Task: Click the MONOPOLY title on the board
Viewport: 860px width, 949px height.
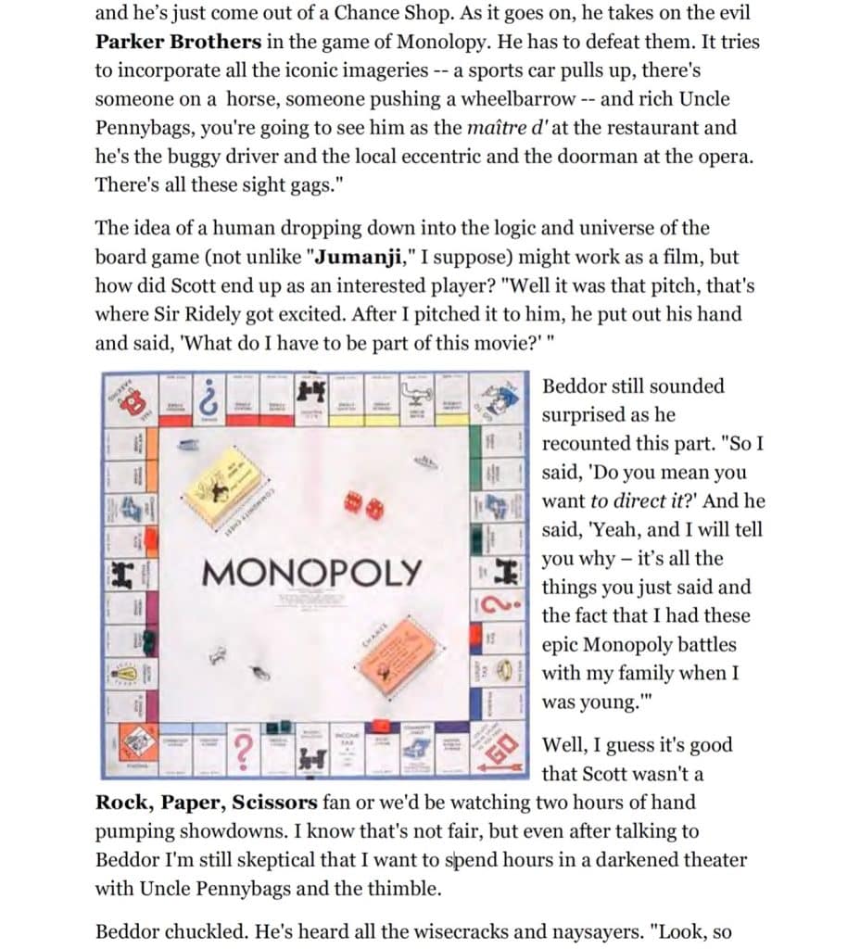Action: point(311,572)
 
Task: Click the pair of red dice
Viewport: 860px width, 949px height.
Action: point(362,505)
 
